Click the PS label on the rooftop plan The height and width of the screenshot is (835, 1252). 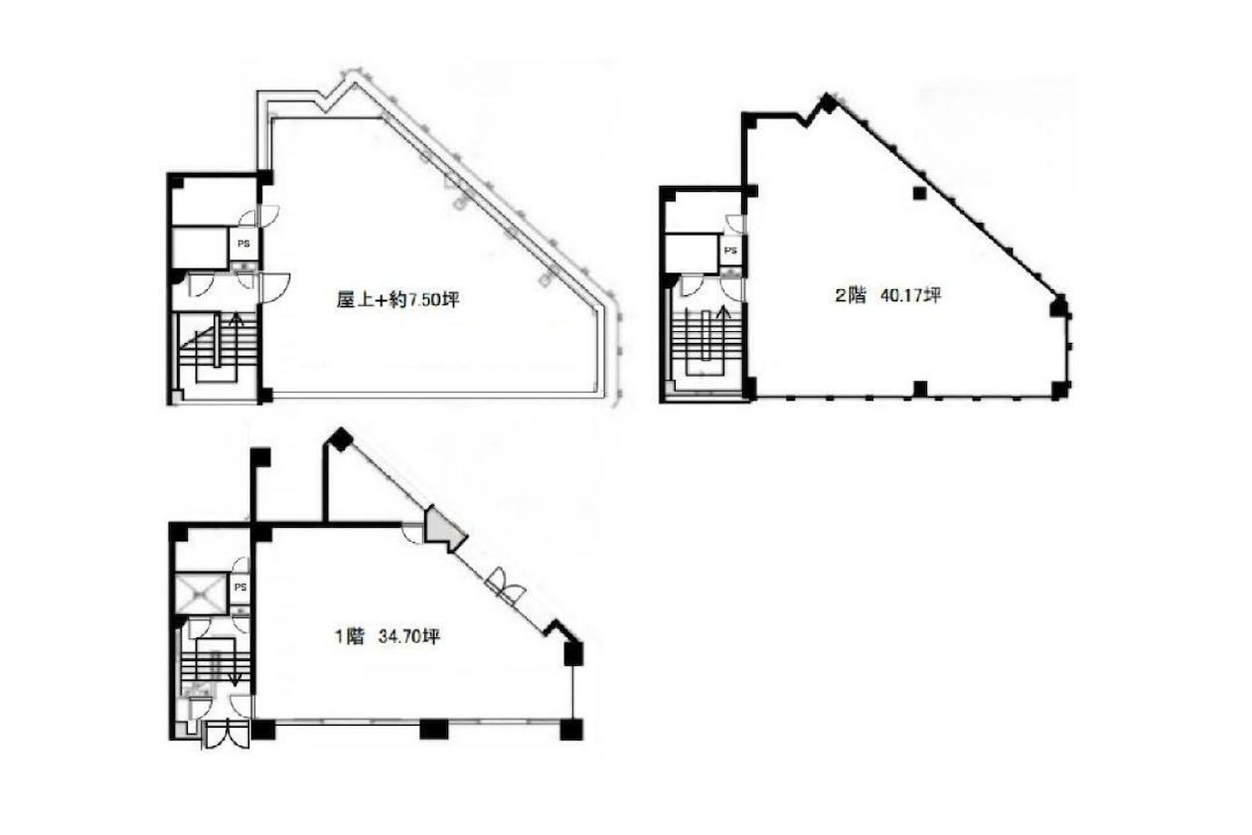[244, 244]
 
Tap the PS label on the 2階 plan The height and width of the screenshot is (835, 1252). [730, 250]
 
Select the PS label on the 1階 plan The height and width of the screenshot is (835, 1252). [240, 587]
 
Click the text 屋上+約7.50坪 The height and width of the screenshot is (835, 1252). [397, 300]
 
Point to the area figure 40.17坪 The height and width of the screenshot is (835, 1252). [910, 295]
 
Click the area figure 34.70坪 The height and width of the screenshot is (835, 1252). [409, 636]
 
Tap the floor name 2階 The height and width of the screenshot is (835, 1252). [851, 295]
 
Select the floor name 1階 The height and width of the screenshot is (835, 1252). [350, 636]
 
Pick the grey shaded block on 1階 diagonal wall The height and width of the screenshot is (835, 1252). [444, 530]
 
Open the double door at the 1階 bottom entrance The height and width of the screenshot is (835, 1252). [226, 735]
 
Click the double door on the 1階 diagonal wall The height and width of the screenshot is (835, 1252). [505, 585]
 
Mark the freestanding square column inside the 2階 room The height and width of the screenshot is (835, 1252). [920, 194]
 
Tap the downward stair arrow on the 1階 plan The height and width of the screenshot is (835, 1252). [235, 662]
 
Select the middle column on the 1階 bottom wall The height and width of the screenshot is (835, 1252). [433, 730]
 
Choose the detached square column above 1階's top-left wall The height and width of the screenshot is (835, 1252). [260, 457]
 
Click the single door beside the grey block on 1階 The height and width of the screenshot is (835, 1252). [413, 533]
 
